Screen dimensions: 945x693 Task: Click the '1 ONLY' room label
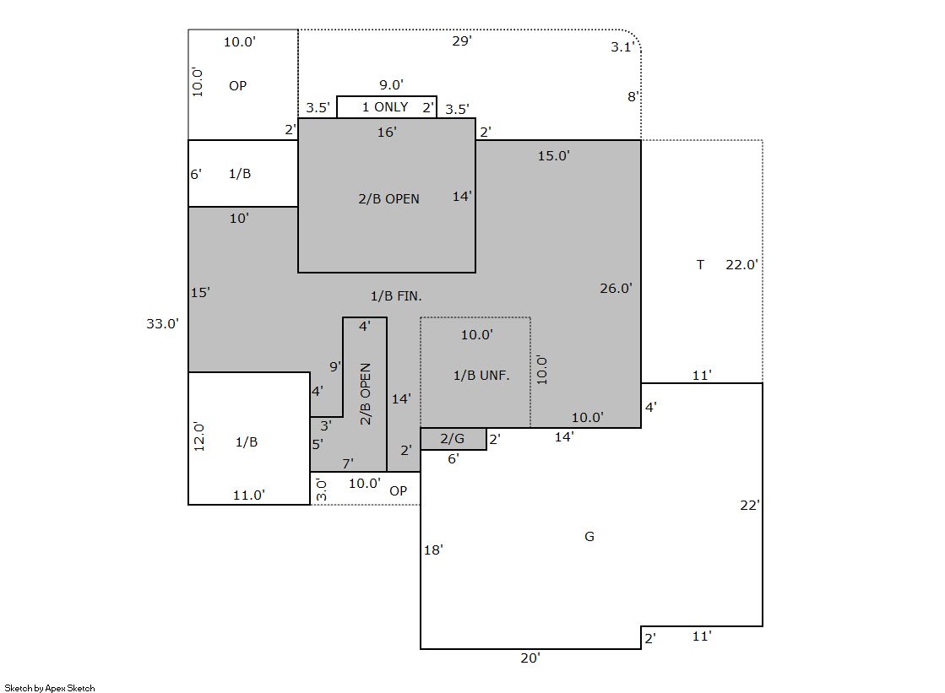[x=385, y=107]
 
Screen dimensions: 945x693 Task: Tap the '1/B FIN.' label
[x=396, y=296]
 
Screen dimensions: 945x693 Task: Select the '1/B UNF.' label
[x=481, y=376]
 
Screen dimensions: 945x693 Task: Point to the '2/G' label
[x=452, y=439]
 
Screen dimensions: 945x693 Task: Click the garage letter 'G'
[x=589, y=536]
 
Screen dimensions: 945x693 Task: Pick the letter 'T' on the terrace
[x=700, y=264]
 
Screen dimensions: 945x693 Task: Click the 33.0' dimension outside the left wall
[x=163, y=323]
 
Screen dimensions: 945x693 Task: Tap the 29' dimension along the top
[x=462, y=41]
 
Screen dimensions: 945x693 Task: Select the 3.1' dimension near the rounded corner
[x=622, y=47]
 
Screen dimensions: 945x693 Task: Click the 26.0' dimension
[x=616, y=288]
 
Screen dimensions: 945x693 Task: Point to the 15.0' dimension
[x=554, y=155]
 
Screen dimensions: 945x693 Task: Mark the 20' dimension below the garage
[x=530, y=658]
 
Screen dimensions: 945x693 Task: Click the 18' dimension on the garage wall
[x=433, y=550]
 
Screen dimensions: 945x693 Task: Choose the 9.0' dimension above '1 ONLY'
[x=391, y=85]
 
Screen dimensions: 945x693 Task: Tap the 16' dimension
[x=387, y=132]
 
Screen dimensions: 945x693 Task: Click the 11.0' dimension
[x=249, y=495]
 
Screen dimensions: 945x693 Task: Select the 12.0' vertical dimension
[x=199, y=436]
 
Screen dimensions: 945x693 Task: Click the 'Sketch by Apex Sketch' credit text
[x=50, y=688]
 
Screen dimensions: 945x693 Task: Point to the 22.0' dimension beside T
[x=742, y=264]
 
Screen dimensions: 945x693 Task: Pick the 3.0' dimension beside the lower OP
[x=321, y=490]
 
